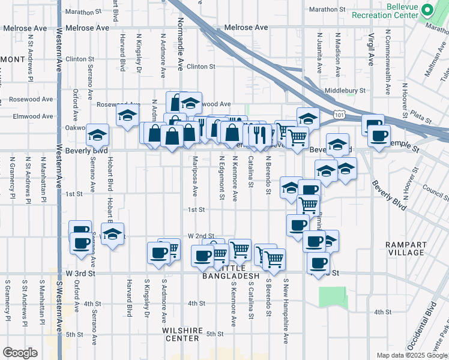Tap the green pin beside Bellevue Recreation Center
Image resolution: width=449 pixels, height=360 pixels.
click(x=427, y=10)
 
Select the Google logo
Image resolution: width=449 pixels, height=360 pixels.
click(x=20, y=353)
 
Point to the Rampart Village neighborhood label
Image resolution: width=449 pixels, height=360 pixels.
click(x=406, y=248)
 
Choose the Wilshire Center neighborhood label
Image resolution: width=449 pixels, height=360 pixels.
click(x=181, y=334)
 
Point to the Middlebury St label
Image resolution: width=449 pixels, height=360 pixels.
click(x=345, y=91)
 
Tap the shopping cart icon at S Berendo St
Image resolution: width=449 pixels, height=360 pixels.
click(x=274, y=259)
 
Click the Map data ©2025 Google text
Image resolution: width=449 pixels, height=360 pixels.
click(x=411, y=355)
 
